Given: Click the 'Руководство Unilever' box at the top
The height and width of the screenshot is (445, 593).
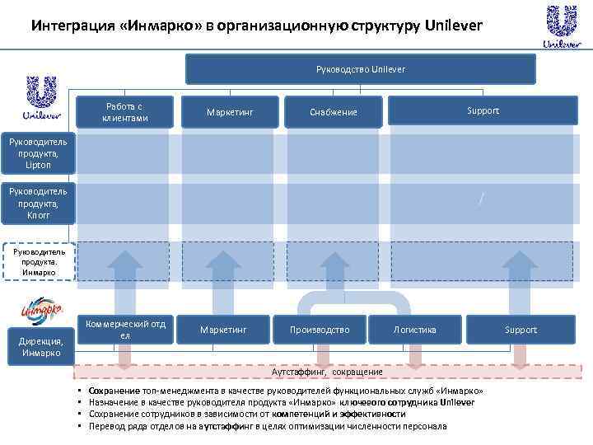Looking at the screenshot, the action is (x=360, y=69).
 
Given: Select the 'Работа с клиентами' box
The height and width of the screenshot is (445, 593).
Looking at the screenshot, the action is (x=125, y=112).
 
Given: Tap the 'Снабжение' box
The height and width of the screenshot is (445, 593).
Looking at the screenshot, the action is (x=333, y=112).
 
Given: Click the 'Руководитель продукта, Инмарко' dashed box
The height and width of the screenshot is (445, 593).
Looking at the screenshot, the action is (x=38, y=260).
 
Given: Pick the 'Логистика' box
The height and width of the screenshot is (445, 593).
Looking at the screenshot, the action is (x=415, y=330).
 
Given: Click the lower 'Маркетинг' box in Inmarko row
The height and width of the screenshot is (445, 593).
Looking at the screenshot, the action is (x=223, y=330).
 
